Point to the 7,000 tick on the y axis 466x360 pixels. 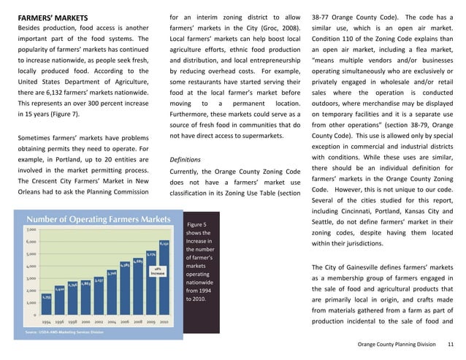point(33,229)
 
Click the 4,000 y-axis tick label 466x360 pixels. point(33,266)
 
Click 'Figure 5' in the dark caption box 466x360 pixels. point(198,225)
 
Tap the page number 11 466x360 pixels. point(451,345)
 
